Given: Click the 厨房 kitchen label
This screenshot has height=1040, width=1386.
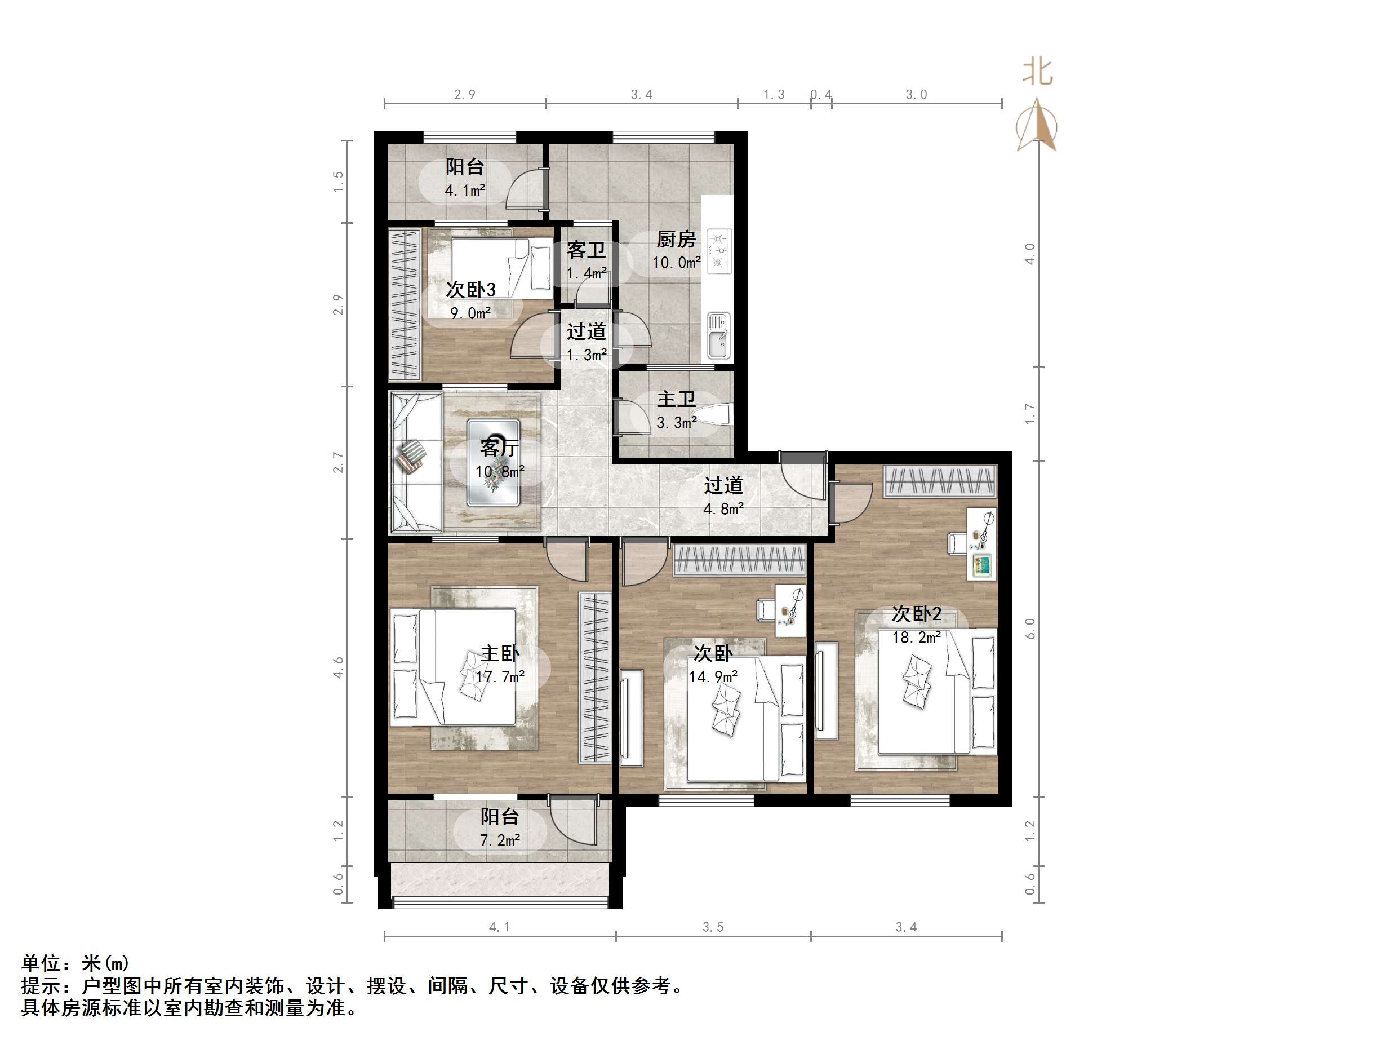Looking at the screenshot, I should (676, 240).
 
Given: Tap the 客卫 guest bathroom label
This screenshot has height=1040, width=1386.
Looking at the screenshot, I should (586, 250).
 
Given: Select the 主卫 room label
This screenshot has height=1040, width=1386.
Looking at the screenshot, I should (676, 399).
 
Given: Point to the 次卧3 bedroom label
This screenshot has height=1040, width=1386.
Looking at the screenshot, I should (470, 290).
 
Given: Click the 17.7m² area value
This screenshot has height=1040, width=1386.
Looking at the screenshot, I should (499, 677).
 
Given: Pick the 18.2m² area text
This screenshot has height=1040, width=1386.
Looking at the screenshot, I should (916, 638).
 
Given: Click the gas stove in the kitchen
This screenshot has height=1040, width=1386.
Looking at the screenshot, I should (719, 251).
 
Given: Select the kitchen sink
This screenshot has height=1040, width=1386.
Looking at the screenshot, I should (718, 335).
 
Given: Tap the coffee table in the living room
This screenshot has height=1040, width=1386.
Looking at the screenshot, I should (493, 463).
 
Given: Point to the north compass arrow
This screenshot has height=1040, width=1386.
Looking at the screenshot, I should (1037, 125).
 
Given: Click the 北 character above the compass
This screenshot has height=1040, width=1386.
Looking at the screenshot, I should (1037, 72).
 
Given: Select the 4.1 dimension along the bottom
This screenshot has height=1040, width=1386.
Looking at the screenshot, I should (499, 927).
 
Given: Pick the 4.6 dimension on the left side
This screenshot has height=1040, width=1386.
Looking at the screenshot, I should (339, 667).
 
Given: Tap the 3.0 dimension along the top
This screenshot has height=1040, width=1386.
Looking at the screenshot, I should (916, 95).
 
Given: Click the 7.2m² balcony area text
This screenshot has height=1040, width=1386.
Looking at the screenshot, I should (499, 840).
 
